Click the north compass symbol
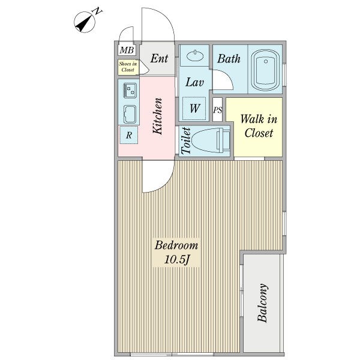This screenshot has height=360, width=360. pos(85,22)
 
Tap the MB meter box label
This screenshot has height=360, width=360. pos(127,50)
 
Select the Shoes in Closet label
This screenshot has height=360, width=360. pos(128,67)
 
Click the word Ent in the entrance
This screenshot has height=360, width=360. pos(159,58)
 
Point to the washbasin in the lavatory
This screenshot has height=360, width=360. pos(194,56)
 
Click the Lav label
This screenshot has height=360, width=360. pos(194,82)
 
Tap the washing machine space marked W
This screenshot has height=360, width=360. pos(194,109)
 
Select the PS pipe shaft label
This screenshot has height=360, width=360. pos(217,110)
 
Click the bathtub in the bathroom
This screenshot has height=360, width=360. pos(265,69)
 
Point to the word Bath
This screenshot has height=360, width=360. pos(229,59)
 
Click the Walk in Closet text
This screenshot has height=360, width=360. pos(259,126)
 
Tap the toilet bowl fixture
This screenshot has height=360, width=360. pos(210,140)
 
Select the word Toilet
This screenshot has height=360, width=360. pos(186,140)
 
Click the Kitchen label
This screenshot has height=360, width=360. pos(158,116)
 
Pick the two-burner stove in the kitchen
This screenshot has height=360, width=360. pos(130,91)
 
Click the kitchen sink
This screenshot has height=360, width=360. pos(130,115)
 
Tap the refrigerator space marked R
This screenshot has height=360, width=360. pos(129,135)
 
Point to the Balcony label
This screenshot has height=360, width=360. pos(262,302)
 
